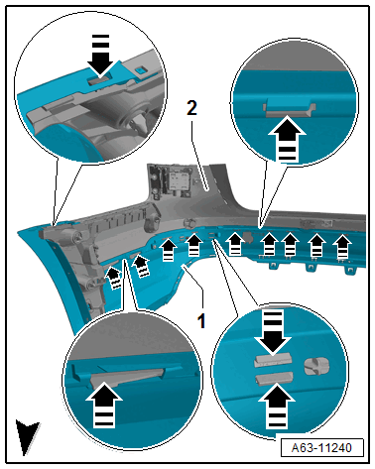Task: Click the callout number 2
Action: pyautogui.click(x=191, y=108)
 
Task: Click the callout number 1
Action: pyautogui.click(x=201, y=320)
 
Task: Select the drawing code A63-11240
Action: pyautogui.click(x=321, y=448)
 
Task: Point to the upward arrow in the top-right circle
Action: pyautogui.click(x=287, y=139)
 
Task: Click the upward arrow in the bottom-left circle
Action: pyautogui.click(x=104, y=404)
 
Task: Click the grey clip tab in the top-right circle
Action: pyautogui.click(x=289, y=110)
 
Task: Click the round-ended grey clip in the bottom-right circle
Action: pyautogui.click(x=316, y=366)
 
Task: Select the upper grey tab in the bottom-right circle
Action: pyautogui.click(x=273, y=361)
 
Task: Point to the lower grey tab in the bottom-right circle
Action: pyautogui.click(x=274, y=378)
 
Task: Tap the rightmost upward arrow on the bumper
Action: pyautogui.click(x=342, y=246)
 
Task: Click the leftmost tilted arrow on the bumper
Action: pyautogui.click(x=114, y=277)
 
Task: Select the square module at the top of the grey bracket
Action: pyautogui.click(x=179, y=180)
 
